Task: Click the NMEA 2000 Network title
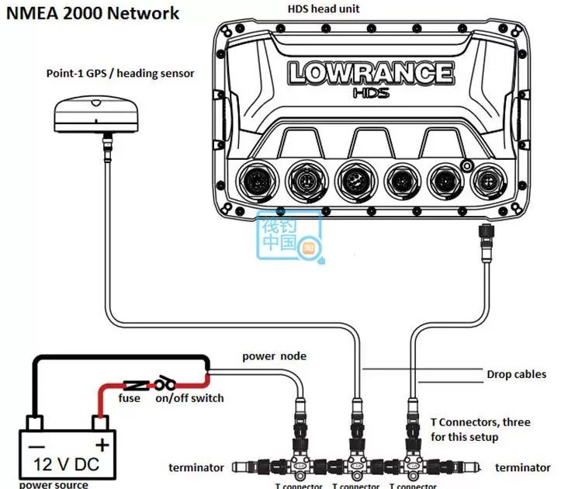click(x=92, y=13)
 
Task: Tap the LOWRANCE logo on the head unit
click(x=371, y=73)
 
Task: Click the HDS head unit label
click(x=323, y=9)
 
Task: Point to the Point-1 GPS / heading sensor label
click(x=120, y=73)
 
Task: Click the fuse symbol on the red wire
click(x=137, y=384)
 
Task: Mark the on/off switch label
click(x=189, y=398)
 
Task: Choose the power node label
click(x=274, y=356)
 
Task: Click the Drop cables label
click(x=516, y=374)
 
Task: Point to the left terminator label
click(x=196, y=467)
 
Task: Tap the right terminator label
click(x=523, y=467)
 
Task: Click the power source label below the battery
click(x=54, y=484)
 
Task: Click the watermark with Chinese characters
click(x=289, y=235)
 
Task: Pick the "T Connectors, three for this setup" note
click(x=480, y=429)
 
